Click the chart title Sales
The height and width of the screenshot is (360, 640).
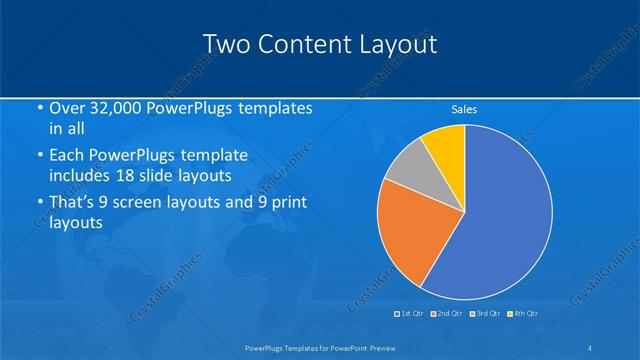(464, 110)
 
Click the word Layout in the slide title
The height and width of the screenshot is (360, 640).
(396, 44)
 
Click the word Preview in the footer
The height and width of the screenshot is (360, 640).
(377, 347)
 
